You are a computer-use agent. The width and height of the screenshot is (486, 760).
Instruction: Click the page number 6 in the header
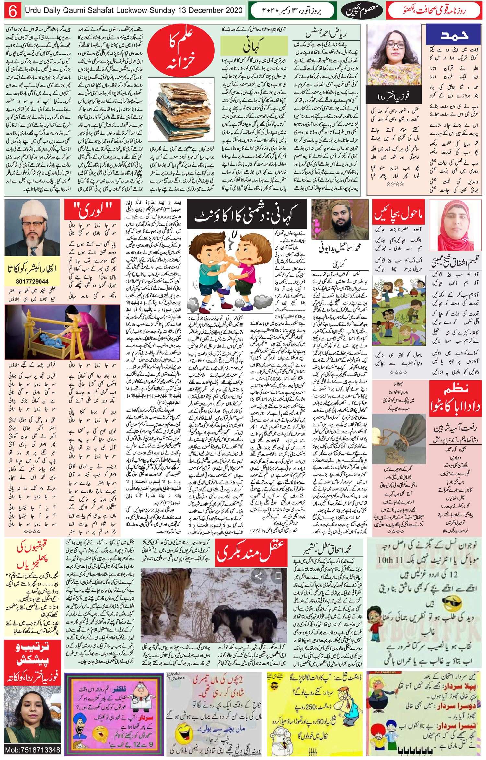tap(13, 11)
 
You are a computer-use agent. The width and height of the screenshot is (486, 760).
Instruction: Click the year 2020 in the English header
tap(232, 10)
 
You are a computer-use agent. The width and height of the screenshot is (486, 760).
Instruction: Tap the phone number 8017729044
tap(32, 282)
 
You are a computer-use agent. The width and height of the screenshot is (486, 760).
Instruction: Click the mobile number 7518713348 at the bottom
tap(32, 750)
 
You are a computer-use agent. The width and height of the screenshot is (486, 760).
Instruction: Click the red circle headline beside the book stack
tap(183, 52)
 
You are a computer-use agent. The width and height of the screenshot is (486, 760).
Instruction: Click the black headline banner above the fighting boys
tap(246, 216)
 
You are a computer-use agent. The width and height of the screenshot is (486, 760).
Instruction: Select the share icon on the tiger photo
tap(258, 576)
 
